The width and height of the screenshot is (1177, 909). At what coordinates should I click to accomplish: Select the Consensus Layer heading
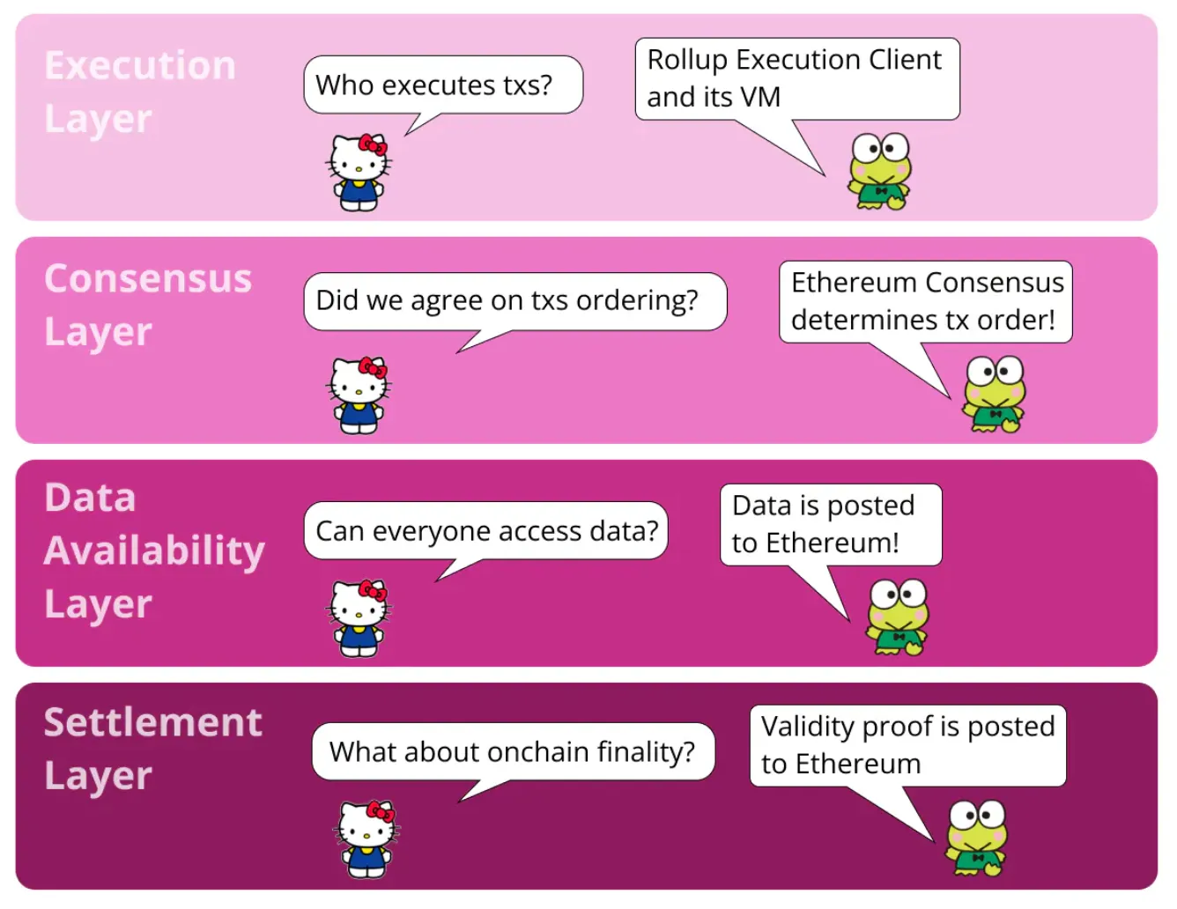(x=147, y=305)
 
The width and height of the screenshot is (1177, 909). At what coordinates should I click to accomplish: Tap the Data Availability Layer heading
(x=154, y=551)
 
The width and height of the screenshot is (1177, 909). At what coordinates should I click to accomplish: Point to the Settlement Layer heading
(x=152, y=749)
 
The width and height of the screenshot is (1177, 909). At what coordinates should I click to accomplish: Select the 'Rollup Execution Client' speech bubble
(x=796, y=78)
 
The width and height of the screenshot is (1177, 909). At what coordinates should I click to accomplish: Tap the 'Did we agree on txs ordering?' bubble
(x=514, y=300)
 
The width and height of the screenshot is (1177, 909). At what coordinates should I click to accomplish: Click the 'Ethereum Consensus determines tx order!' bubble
(x=925, y=301)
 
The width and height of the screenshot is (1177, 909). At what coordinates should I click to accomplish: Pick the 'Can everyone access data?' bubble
(x=485, y=530)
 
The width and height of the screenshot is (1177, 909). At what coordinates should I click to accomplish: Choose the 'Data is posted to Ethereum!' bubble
(x=830, y=524)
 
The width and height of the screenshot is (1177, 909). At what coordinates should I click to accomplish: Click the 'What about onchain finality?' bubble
(x=512, y=751)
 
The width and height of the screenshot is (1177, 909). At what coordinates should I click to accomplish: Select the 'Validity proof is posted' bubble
(x=907, y=745)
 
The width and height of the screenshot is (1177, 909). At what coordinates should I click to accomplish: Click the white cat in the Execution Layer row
(x=359, y=173)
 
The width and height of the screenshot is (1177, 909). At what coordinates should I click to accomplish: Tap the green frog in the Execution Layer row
(x=879, y=172)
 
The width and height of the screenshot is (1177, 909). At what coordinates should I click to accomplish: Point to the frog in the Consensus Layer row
(x=994, y=395)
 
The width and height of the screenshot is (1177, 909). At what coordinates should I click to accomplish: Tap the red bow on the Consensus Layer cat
(x=374, y=367)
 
